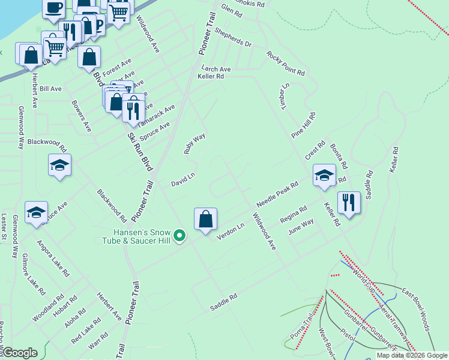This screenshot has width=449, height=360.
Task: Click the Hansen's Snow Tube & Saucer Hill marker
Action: tap(179, 238)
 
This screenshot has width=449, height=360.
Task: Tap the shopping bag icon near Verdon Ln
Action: tap(205, 219)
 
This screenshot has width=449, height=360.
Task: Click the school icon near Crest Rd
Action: tap(324, 175)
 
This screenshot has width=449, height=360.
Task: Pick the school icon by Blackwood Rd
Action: tap(59, 165)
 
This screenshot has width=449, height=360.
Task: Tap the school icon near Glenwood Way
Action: tap(36, 212)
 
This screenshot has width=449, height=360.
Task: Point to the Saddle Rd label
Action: tap(223, 302)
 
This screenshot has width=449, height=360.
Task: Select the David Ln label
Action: tap(183, 179)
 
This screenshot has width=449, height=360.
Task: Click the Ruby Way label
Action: tap(194, 144)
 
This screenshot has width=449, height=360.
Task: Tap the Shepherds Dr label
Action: tap(233, 38)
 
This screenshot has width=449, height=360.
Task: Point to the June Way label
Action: tap(301, 226)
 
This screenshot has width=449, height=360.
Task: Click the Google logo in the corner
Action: tap(20, 353)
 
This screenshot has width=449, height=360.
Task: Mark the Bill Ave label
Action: tap(50, 89)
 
